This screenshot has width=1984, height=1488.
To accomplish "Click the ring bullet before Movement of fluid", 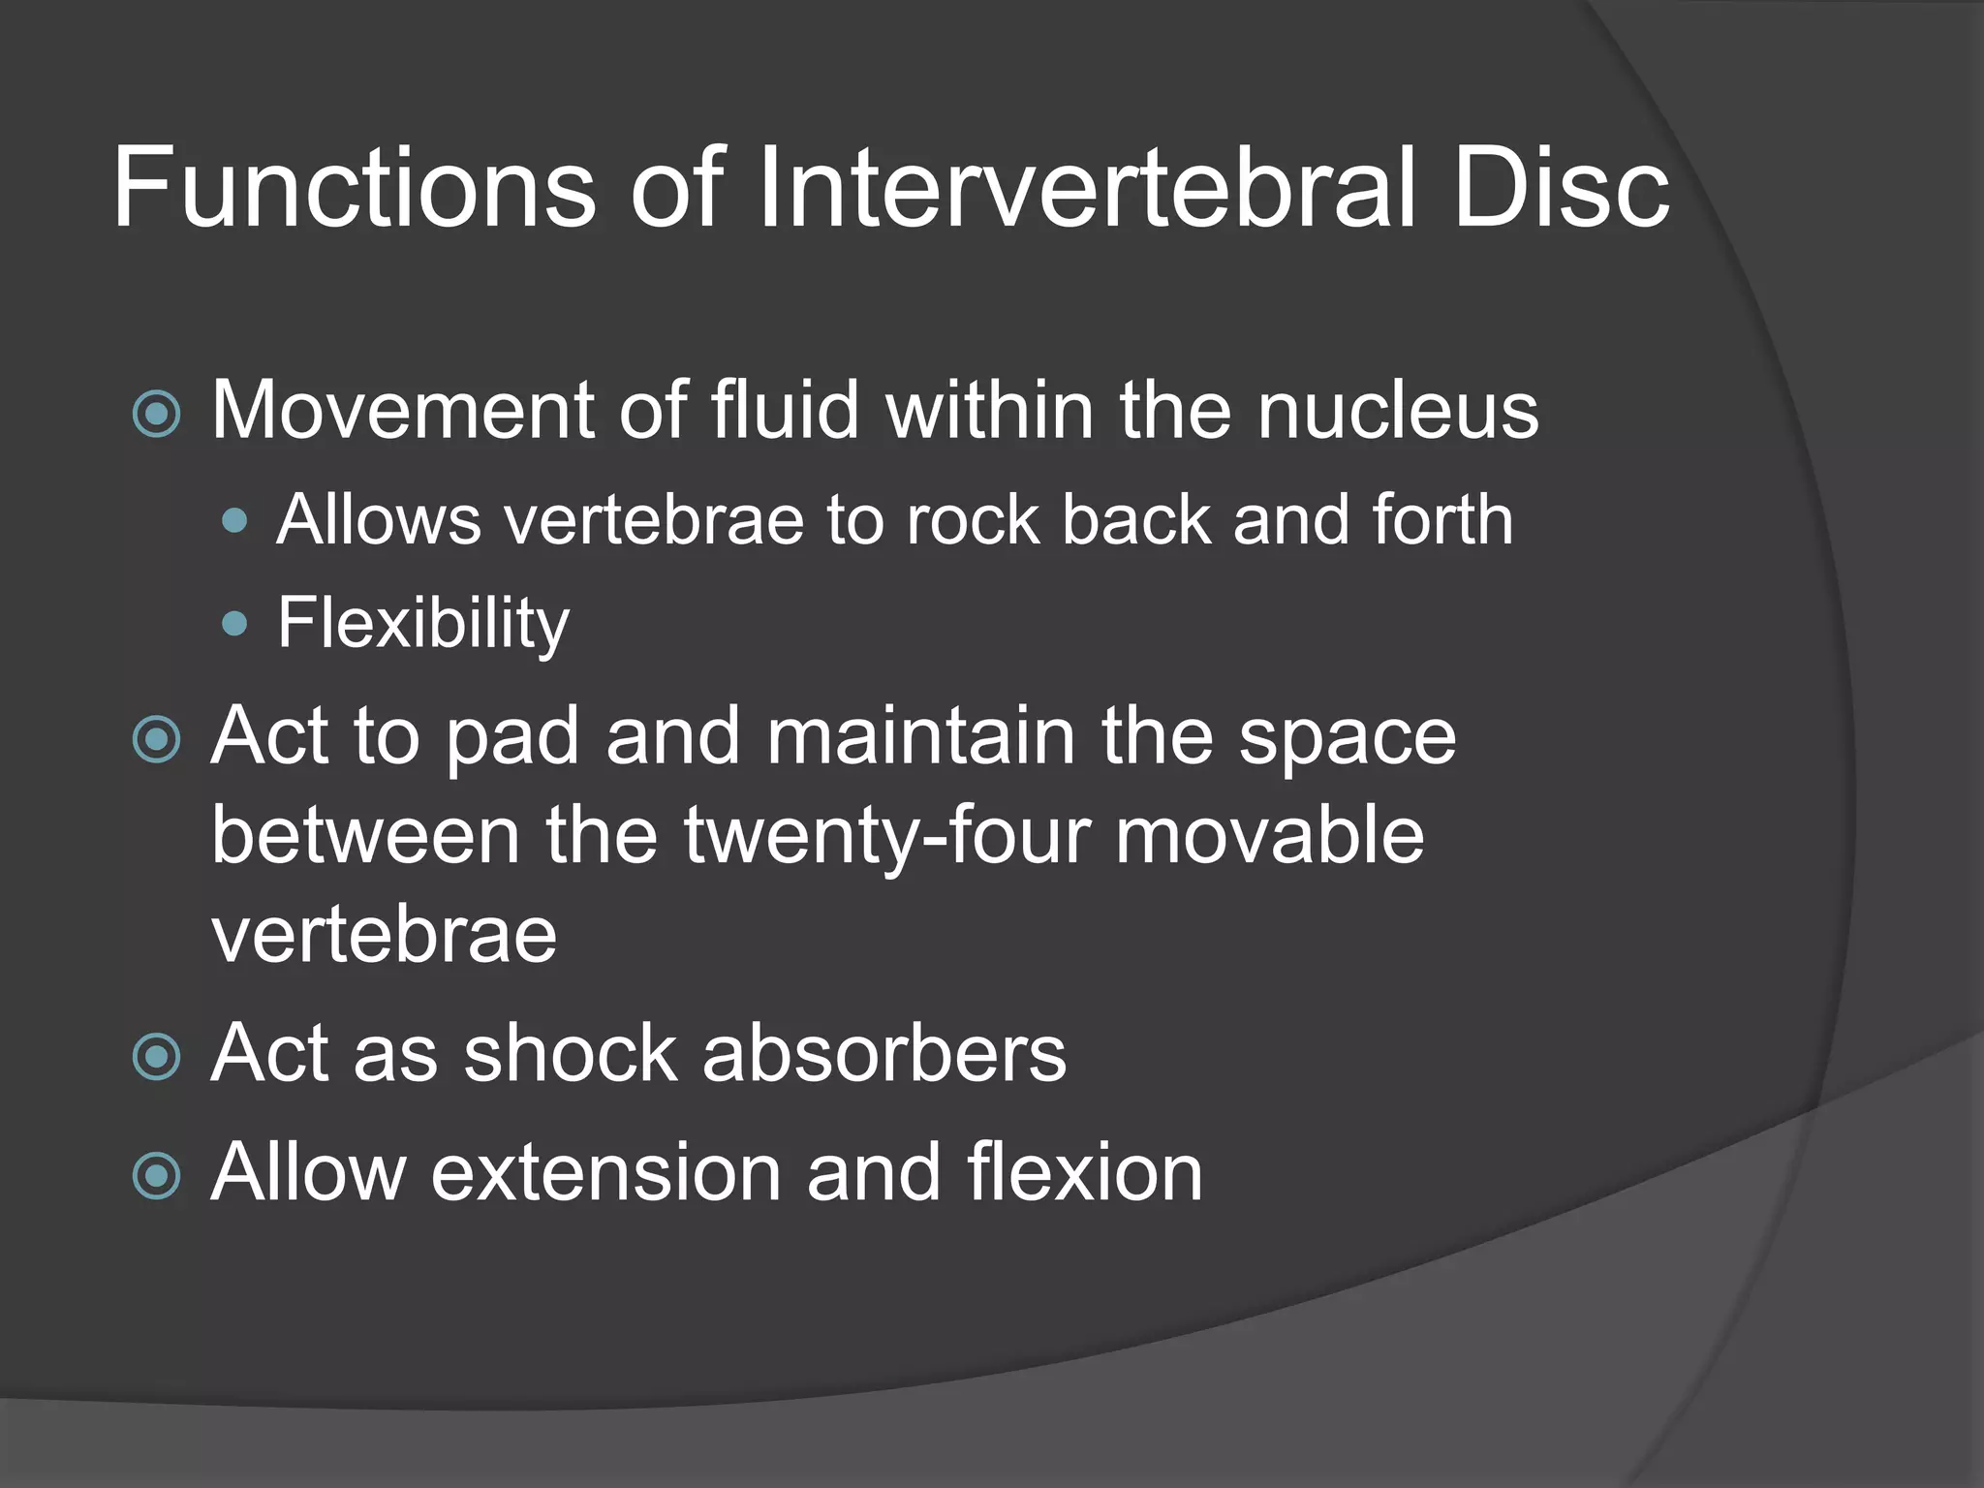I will pos(156,415).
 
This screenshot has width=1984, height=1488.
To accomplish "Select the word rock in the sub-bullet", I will pos(972,520).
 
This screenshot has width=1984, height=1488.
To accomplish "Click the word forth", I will pos(1442,520).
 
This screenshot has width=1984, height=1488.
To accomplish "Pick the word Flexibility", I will pos(423,624).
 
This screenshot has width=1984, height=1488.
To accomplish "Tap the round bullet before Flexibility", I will pos(234,623).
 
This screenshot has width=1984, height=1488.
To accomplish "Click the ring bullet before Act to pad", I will pos(156,740).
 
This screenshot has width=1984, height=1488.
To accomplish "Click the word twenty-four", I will pos(887,835).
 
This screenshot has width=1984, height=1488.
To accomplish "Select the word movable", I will pos(1269,835).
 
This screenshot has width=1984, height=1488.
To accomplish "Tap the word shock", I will pos(571,1053).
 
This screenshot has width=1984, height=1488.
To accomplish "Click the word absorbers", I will pos(883,1053).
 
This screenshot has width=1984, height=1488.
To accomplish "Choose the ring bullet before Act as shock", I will pos(156,1056).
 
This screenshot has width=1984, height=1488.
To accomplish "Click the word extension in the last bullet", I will pos(605,1172).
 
